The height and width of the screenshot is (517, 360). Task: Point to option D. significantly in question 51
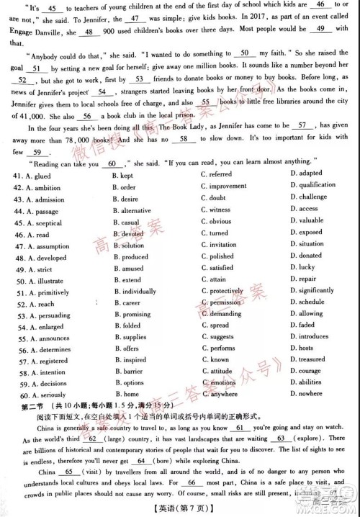click(312, 291)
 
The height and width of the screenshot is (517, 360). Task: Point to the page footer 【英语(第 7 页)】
click(180, 508)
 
